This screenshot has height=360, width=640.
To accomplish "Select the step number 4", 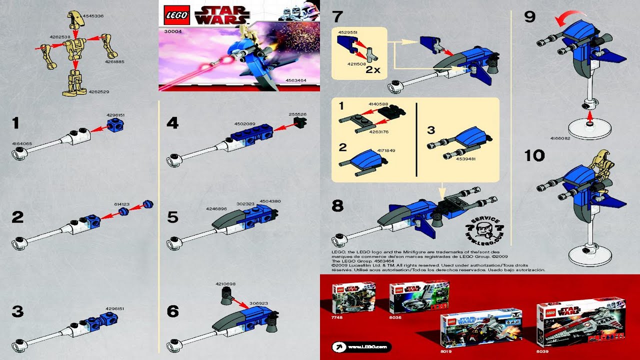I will click(172, 123).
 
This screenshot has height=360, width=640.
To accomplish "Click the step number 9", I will click(529, 17).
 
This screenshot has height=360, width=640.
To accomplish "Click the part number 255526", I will click(297, 114).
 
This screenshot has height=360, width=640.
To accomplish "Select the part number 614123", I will click(121, 204).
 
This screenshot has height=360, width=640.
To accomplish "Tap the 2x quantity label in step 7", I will click(372, 70).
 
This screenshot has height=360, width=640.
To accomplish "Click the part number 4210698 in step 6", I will click(225, 284).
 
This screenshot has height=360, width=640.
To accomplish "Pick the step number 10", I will click(534, 155).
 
